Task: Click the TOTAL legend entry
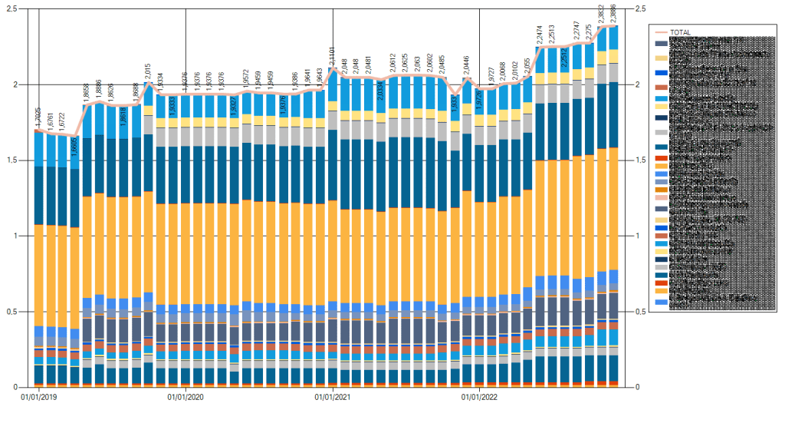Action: coord(679,32)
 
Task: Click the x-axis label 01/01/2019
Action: coord(38,397)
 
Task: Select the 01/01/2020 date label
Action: coord(186,397)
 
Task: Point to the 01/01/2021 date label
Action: coord(333,397)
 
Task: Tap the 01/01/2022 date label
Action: coord(480,397)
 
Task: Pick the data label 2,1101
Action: coord(333,55)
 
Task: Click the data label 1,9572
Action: coord(247,80)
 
